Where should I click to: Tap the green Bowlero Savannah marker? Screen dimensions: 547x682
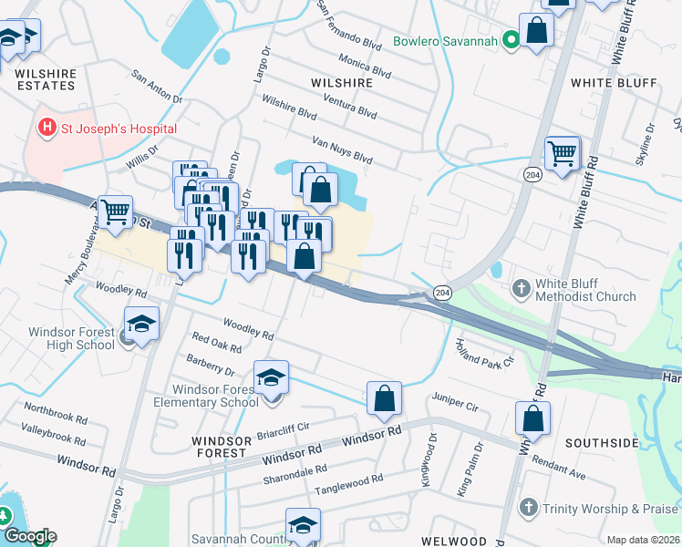click(511, 40)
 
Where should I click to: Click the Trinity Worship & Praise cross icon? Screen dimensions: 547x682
click(528, 507)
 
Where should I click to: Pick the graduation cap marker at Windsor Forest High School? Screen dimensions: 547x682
click(141, 325)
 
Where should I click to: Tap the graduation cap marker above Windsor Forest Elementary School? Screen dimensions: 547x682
click(270, 378)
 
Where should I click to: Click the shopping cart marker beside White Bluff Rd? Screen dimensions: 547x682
click(562, 153)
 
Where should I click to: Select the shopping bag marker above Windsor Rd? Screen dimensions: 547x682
click(385, 397)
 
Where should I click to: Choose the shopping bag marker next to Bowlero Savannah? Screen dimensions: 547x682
click(537, 30)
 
